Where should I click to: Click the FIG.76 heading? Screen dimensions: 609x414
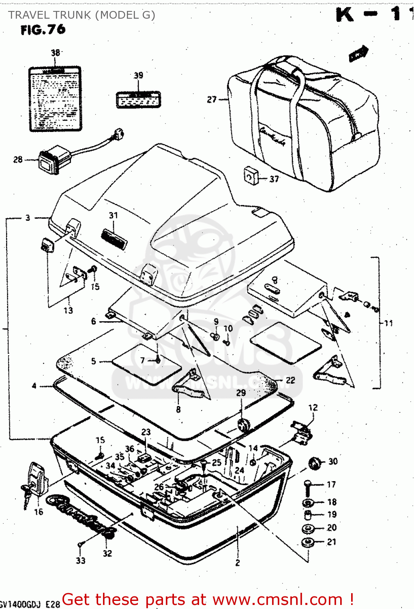43,30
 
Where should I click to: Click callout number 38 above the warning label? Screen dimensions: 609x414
56,52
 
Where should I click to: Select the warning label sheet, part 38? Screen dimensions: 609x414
55,99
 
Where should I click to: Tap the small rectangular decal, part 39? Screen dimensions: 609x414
138,99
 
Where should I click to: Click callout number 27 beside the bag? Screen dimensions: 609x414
212,99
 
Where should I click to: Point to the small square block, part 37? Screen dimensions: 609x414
251,175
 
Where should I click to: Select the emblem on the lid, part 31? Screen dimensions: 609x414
114,238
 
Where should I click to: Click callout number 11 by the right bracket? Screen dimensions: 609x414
388,323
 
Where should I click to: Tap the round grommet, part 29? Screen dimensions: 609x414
243,425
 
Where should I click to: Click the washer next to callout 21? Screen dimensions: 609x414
308,542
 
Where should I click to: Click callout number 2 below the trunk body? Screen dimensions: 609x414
238,563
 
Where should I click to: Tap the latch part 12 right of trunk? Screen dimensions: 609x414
302,432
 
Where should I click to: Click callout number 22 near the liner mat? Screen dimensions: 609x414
290,380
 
